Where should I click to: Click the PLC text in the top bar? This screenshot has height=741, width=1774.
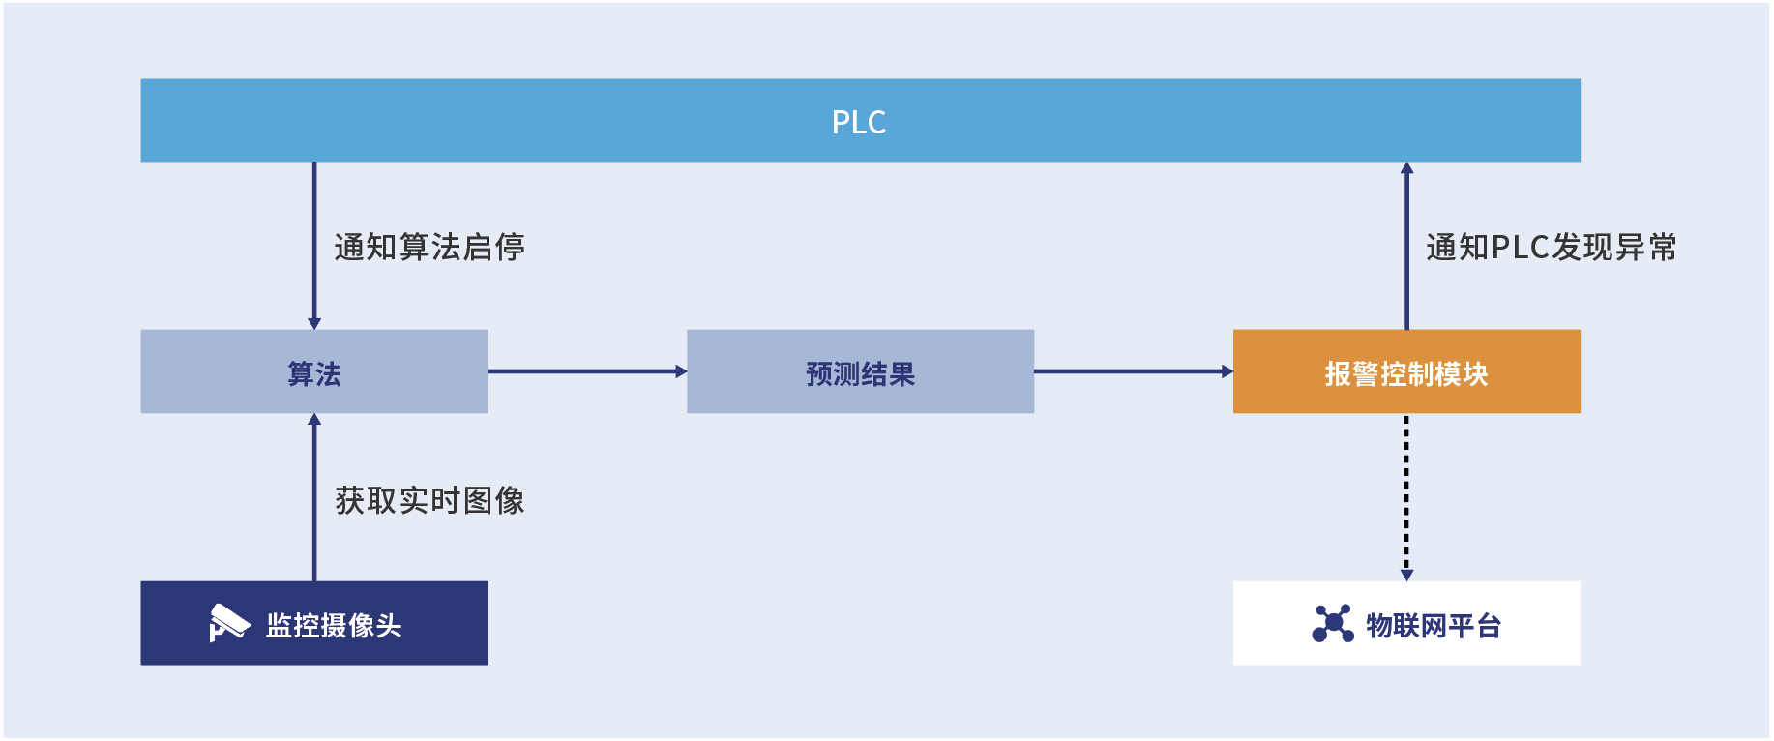pyautogui.click(x=859, y=122)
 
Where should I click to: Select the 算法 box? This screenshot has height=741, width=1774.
pyautogui.click(x=313, y=372)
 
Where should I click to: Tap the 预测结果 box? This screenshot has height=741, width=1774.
pyautogui.click(x=860, y=372)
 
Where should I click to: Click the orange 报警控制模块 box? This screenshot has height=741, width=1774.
pyautogui.click(x=1405, y=372)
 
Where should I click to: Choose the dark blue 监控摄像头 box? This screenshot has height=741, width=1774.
pyautogui.click(x=313, y=624)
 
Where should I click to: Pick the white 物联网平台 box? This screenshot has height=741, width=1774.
pyautogui.click(x=1405, y=624)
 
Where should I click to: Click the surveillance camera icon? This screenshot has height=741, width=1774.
pyautogui.click(x=228, y=623)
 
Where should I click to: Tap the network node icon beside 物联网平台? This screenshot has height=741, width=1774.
pyautogui.click(x=1332, y=623)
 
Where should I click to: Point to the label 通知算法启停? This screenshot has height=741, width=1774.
pyautogui.click(x=429, y=248)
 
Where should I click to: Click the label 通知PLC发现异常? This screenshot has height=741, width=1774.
pyautogui.click(x=1551, y=248)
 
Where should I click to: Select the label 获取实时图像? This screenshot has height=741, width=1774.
pyautogui.click(x=429, y=500)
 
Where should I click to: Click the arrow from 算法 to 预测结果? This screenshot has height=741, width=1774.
pyautogui.click(x=586, y=371)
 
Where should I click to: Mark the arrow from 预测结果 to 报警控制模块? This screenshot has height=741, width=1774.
pyautogui.click(x=1133, y=371)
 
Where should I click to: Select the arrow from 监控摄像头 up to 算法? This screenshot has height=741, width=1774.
pyautogui.click(x=314, y=498)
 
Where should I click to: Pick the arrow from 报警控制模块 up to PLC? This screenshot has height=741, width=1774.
pyautogui.click(x=1406, y=247)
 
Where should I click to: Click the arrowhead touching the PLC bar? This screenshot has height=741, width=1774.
pyautogui.click(x=1406, y=168)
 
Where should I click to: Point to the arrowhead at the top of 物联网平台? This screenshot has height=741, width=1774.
pyautogui.click(x=1406, y=575)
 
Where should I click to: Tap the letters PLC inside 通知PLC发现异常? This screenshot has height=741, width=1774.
pyautogui.click(x=1521, y=248)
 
